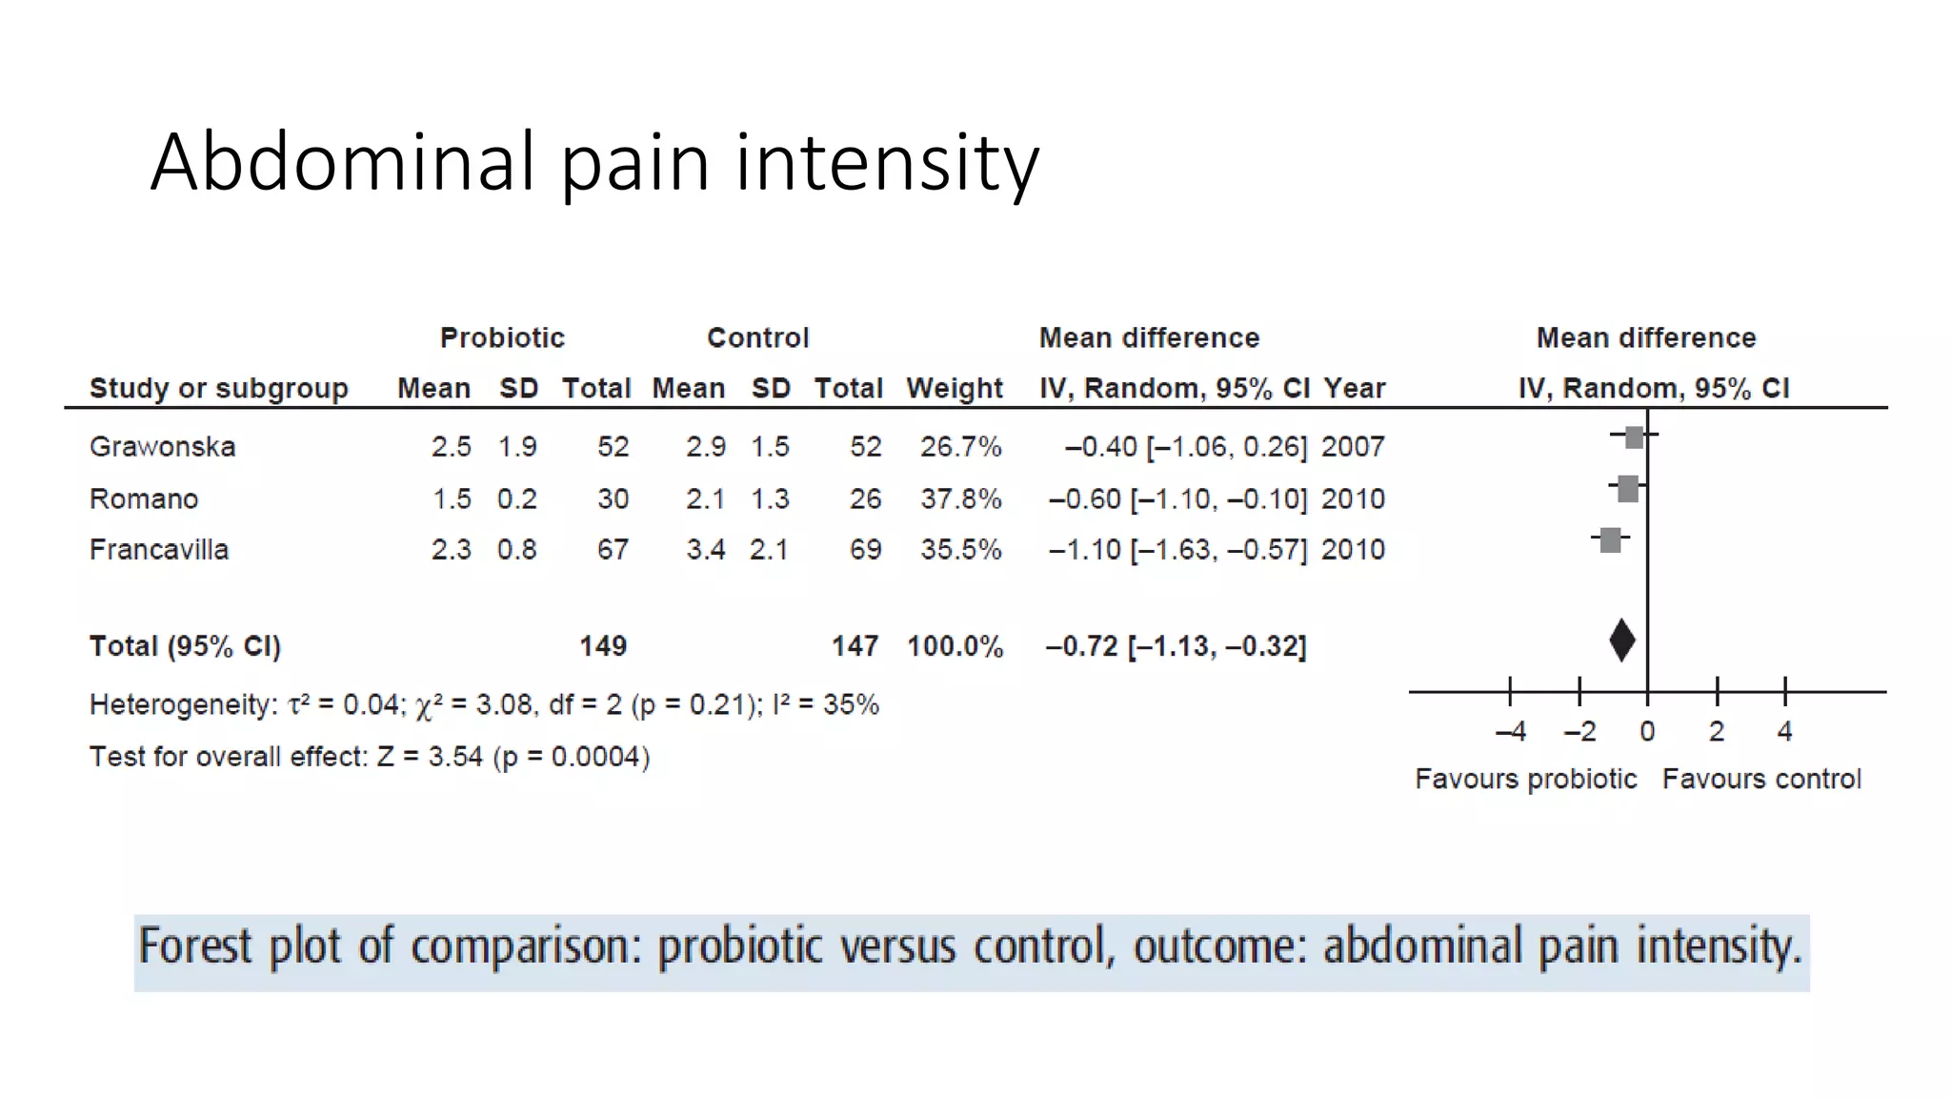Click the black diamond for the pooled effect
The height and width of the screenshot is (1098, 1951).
click(1622, 640)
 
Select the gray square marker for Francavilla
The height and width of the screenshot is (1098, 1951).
click(1611, 540)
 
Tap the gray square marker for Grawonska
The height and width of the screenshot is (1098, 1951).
click(1635, 437)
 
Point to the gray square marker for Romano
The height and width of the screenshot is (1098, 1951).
click(1628, 489)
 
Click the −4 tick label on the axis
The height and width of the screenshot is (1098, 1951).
click(1511, 732)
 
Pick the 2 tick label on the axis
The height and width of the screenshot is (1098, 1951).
click(1717, 732)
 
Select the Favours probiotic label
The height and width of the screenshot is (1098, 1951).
click(1525, 780)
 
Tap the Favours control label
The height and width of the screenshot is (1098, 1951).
click(1761, 780)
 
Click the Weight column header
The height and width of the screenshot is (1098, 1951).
click(955, 389)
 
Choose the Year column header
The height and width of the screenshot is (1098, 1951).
click(1354, 389)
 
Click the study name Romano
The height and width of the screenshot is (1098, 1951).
click(144, 499)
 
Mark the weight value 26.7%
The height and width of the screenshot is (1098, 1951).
click(960, 447)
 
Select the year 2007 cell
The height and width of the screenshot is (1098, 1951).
click(1353, 447)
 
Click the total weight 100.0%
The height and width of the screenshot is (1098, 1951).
click(955, 647)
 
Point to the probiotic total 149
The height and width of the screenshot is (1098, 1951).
click(603, 647)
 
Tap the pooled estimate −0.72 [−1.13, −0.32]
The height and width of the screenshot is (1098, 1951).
click(1176, 647)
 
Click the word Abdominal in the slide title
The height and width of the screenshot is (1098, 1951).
click(343, 162)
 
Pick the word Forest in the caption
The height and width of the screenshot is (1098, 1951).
click(195, 947)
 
